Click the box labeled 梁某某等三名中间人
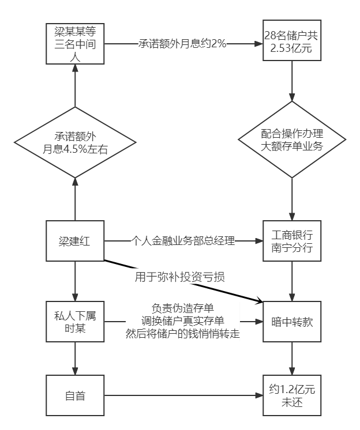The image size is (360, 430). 75,43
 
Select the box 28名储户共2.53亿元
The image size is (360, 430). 292,43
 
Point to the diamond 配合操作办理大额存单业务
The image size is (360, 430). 292,140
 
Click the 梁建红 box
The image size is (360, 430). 75,240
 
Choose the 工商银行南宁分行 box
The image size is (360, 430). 292,240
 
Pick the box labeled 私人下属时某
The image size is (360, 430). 75,321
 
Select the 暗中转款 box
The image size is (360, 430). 292,322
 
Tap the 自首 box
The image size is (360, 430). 75,395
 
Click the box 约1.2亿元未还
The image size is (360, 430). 292,395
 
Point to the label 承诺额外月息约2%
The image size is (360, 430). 182,44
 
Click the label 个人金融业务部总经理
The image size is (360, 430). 182,241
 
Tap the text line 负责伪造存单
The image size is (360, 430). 182,308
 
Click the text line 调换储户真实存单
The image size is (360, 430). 182,321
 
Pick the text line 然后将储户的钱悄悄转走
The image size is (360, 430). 182,334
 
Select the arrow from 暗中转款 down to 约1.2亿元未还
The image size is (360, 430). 292,358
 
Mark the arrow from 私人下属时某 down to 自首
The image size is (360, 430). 75,358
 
